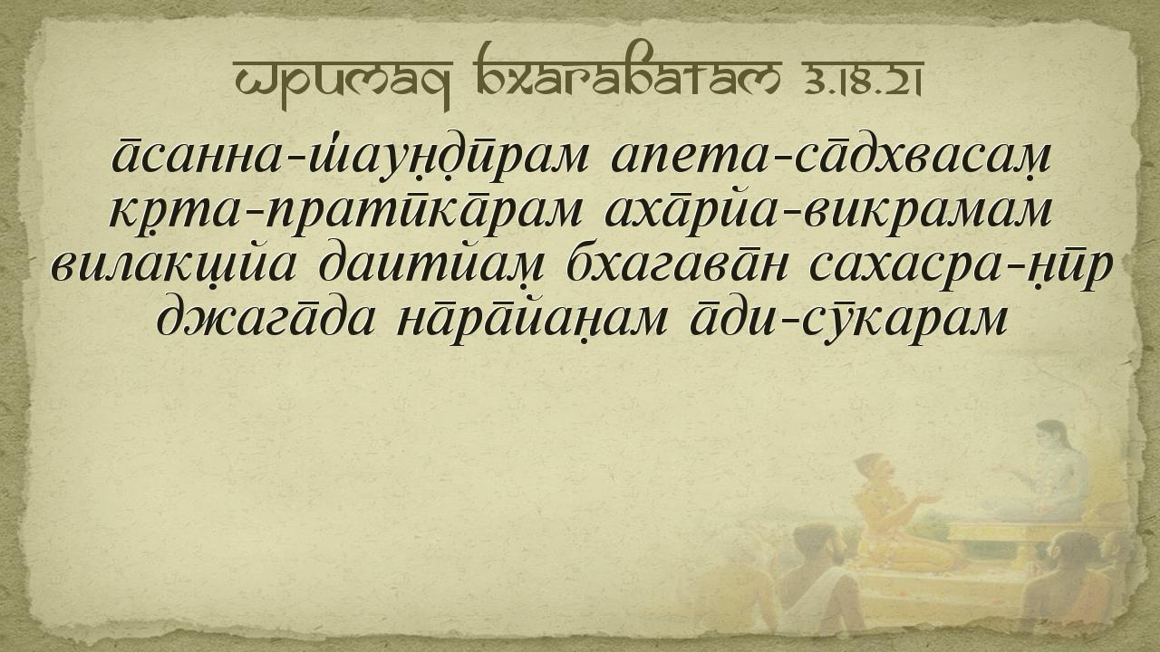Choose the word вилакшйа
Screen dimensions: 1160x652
pos(173,269)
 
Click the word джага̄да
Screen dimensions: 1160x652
pos(265,321)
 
